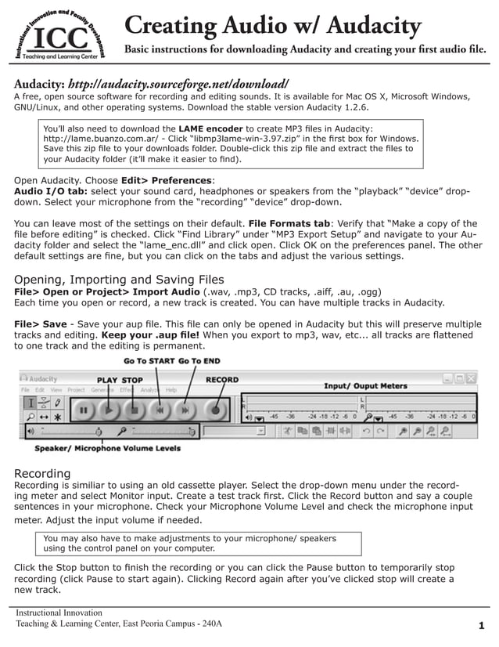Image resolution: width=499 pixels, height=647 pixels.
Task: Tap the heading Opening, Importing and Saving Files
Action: point(120,280)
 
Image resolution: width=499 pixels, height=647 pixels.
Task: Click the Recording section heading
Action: point(43,473)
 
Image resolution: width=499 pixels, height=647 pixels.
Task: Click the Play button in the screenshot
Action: point(109,409)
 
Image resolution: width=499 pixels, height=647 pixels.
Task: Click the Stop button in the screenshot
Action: point(135,409)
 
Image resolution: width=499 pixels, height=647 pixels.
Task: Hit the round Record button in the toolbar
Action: point(214,409)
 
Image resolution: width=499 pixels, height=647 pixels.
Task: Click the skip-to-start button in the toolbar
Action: point(160,409)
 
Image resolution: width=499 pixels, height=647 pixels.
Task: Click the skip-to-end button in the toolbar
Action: point(185,409)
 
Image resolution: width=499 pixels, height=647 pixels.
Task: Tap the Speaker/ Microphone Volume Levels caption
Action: point(107,449)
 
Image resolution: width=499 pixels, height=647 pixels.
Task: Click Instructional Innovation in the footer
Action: point(59,613)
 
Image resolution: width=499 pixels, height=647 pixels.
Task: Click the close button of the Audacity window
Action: point(471,378)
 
